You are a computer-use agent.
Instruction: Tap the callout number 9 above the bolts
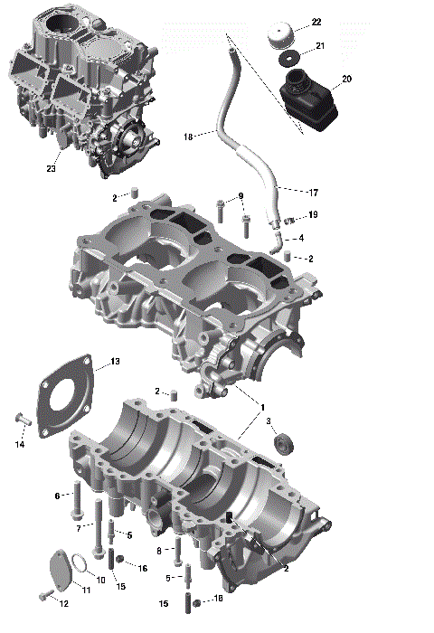click(241, 197)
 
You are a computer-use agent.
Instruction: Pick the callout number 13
click(114, 362)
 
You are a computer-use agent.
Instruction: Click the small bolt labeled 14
click(21, 419)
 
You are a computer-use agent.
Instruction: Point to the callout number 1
click(263, 408)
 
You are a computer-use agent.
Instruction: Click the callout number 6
click(56, 496)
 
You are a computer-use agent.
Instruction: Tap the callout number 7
click(80, 527)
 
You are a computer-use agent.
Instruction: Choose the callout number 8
click(159, 550)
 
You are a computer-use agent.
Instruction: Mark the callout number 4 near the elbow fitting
click(300, 238)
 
